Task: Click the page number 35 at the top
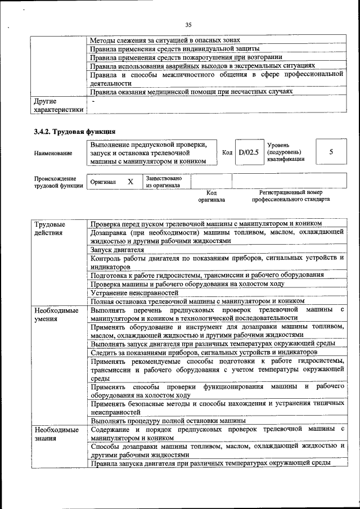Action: click(188, 24)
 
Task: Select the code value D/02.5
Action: click(248, 152)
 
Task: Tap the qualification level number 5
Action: click(331, 152)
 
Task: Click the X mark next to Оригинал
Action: click(130, 182)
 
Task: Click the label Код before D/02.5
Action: click(227, 152)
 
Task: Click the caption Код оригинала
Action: click(211, 196)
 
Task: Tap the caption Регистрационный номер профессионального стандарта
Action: click(291, 196)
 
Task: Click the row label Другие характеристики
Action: click(58, 105)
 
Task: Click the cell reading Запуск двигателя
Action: click(118, 250)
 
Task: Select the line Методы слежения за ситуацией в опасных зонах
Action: click(165, 40)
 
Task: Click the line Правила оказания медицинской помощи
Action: click(191, 91)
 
